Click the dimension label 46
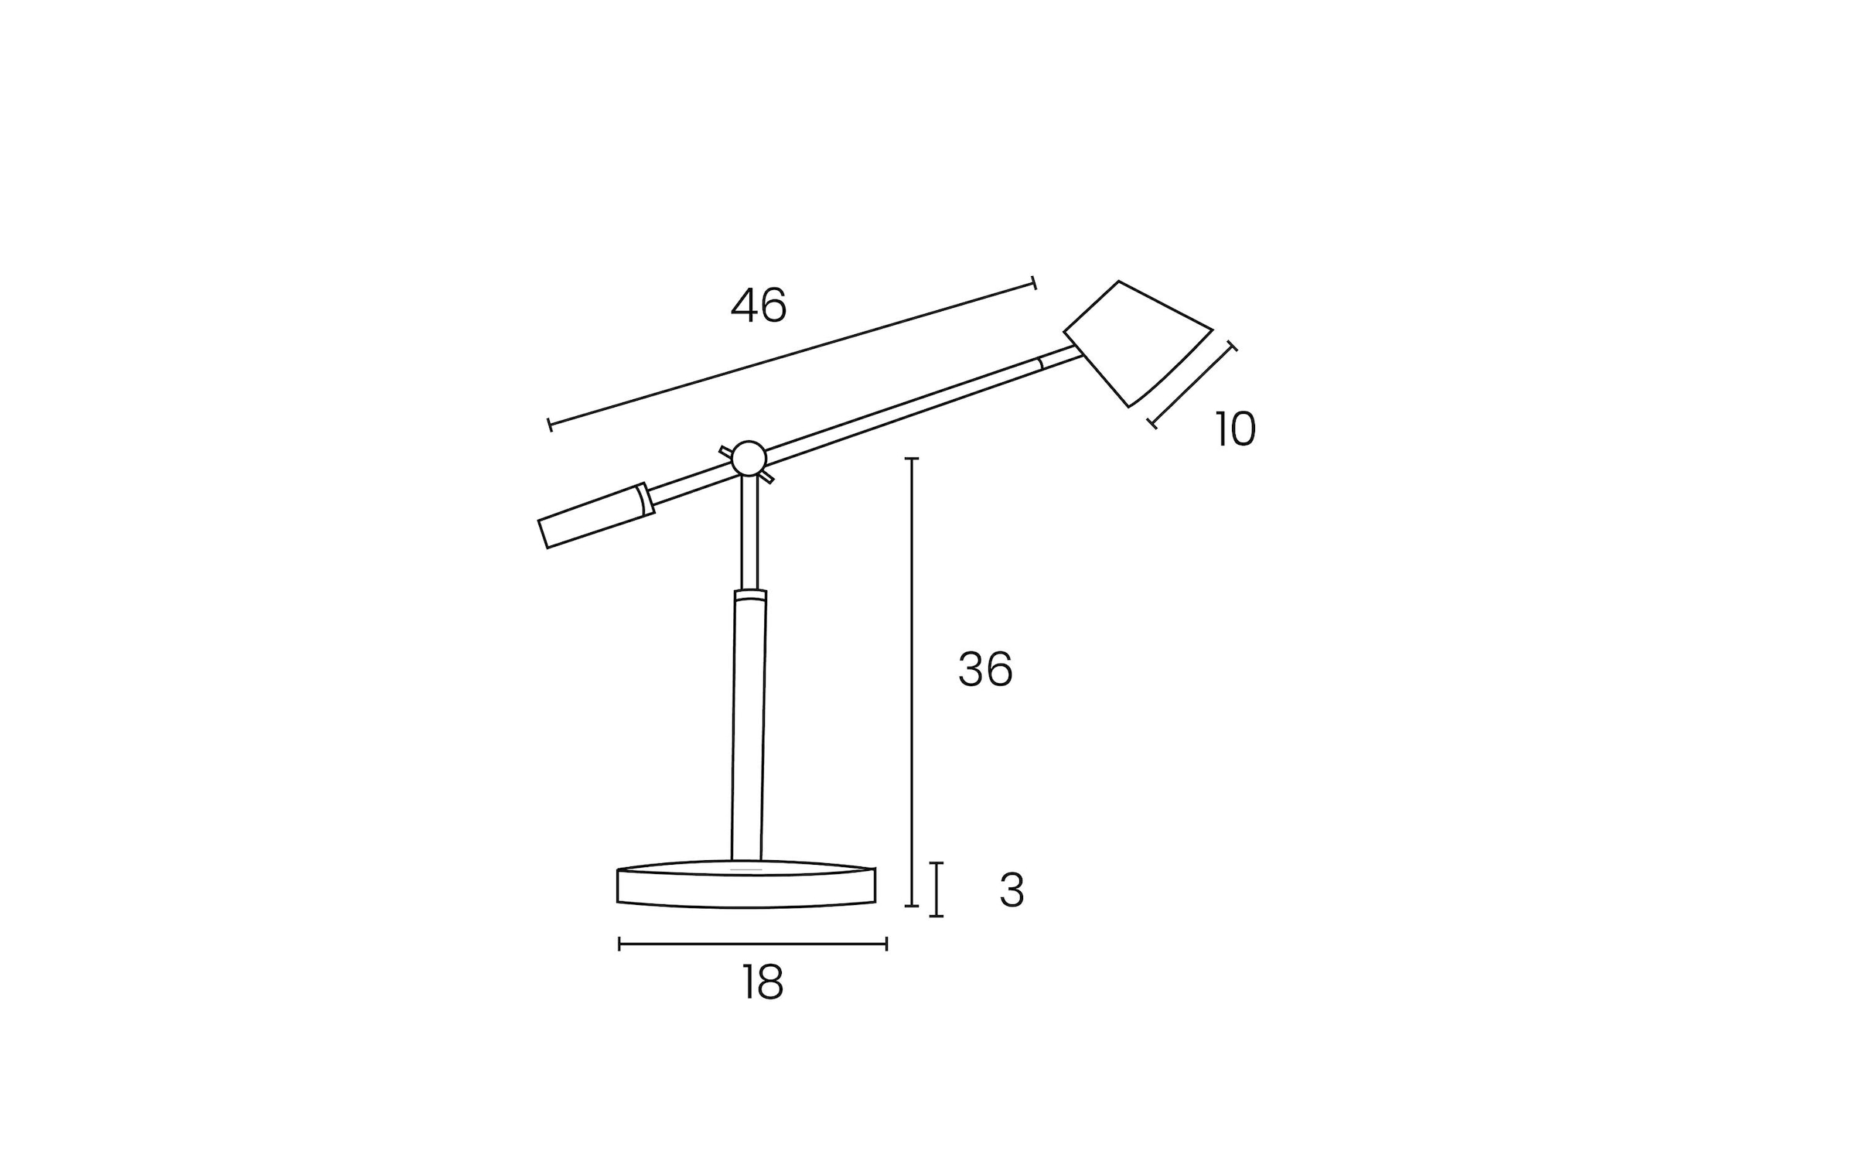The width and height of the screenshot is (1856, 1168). (759, 306)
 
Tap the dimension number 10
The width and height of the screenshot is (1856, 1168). (1235, 429)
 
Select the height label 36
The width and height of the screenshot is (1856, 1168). (985, 669)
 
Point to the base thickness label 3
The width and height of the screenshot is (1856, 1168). (1012, 891)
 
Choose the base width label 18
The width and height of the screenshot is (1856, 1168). (763, 983)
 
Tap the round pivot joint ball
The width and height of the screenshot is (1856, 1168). (749, 459)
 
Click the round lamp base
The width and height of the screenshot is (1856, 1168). (746, 887)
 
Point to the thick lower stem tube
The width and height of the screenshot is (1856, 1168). (749, 727)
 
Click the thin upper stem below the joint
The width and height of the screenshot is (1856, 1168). (749, 534)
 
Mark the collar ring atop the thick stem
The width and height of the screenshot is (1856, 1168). (750, 595)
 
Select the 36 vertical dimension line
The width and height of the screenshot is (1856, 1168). (912, 681)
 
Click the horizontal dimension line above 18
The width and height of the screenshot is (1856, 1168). (752, 944)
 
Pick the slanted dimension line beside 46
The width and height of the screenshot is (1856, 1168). (792, 354)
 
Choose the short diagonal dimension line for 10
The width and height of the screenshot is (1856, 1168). (1192, 384)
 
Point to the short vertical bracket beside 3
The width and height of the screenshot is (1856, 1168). (937, 890)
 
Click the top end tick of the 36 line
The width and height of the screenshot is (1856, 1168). (912, 459)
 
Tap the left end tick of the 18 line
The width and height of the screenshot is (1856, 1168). (619, 944)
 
